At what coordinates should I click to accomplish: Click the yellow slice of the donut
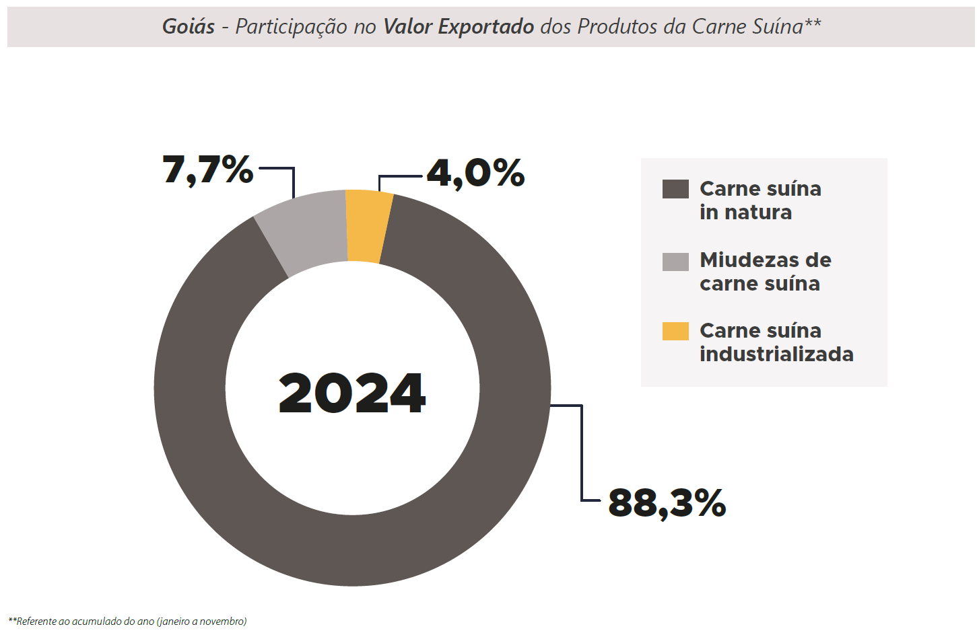(367, 227)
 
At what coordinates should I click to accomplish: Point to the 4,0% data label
(475, 173)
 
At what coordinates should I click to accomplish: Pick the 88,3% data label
(667, 502)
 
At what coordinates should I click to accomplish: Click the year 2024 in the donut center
(352, 393)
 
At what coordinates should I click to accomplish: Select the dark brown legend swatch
(675, 189)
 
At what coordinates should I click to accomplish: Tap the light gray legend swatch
(675, 262)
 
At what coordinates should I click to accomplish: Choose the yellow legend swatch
(675, 332)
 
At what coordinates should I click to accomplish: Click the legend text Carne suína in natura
(760, 200)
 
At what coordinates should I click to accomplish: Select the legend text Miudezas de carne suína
(765, 272)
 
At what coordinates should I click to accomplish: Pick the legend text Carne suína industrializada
(776, 342)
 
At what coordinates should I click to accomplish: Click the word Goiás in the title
(189, 26)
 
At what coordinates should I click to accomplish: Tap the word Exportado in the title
(485, 26)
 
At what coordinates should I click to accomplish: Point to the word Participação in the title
(291, 27)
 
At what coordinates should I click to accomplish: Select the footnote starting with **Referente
(127, 621)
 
